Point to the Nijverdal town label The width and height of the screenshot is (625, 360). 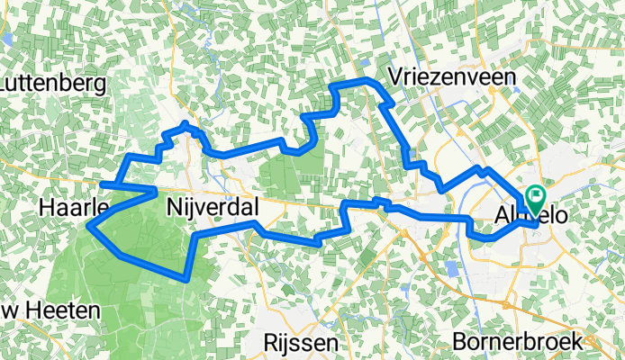[x=213, y=209]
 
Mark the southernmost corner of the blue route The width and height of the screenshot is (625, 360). [x=186, y=279]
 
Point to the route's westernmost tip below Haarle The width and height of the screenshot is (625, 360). [x=89, y=226]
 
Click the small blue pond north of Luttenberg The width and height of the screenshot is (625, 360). [x=5, y=38]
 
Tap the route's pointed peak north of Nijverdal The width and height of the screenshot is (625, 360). [x=186, y=122]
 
